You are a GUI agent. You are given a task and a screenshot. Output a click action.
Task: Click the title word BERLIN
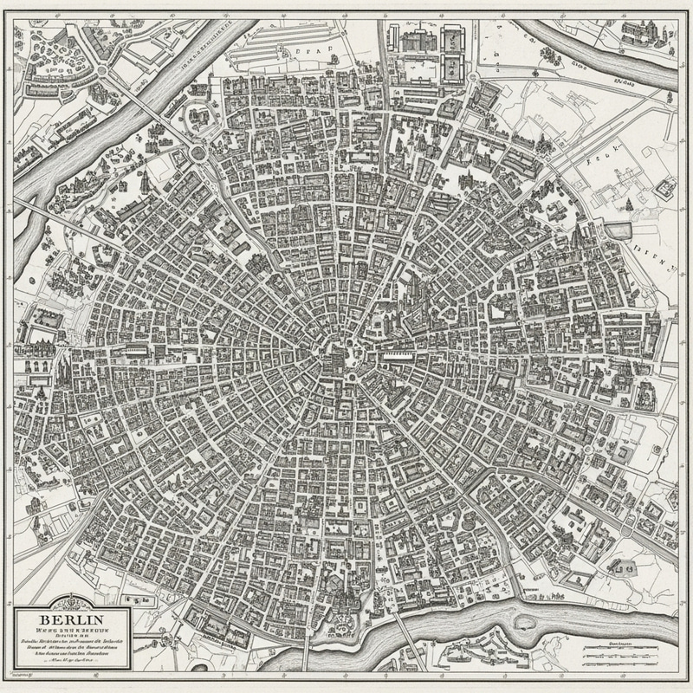[x=68, y=620]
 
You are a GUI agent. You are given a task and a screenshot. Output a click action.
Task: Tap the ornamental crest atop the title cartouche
[x=68, y=604]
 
